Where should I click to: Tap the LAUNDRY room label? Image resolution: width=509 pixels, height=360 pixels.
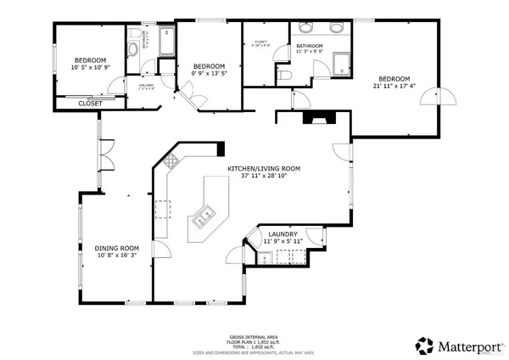pos(282,234)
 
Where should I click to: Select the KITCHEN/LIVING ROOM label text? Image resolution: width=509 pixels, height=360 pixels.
pos(263,168)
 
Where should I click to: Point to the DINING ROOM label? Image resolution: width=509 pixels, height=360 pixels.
pos(115,247)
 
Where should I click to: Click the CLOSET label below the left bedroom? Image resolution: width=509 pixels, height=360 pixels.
pos(91,104)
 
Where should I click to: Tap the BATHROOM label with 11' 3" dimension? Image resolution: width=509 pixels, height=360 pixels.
pos(310,46)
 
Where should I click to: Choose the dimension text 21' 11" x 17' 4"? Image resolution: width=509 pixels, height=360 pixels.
pos(394,85)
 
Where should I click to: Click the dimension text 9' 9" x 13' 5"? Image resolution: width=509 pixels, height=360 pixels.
pos(209,74)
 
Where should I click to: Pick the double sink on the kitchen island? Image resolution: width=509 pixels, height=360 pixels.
pos(204,219)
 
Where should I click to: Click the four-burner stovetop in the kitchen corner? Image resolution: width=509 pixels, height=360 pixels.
pos(172,160)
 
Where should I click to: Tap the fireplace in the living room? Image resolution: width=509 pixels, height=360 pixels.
pos(320,117)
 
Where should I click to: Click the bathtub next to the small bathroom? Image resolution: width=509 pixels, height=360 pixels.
pos(164,40)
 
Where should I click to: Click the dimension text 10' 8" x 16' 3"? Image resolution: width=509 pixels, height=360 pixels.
pos(115,255)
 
